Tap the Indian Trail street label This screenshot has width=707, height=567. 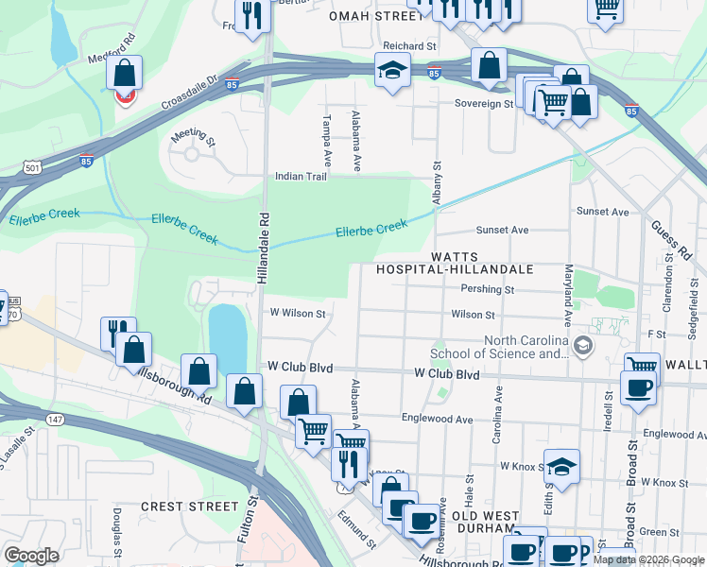[301, 177]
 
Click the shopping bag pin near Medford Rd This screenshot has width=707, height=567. [125, 74]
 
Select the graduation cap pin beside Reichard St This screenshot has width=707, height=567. [391, 70]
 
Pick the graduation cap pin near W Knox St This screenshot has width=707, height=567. [561, 467]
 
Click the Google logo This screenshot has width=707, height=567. [31, 556]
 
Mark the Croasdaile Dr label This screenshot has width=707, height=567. [188, 90]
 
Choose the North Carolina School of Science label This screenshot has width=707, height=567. [525, 348]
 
